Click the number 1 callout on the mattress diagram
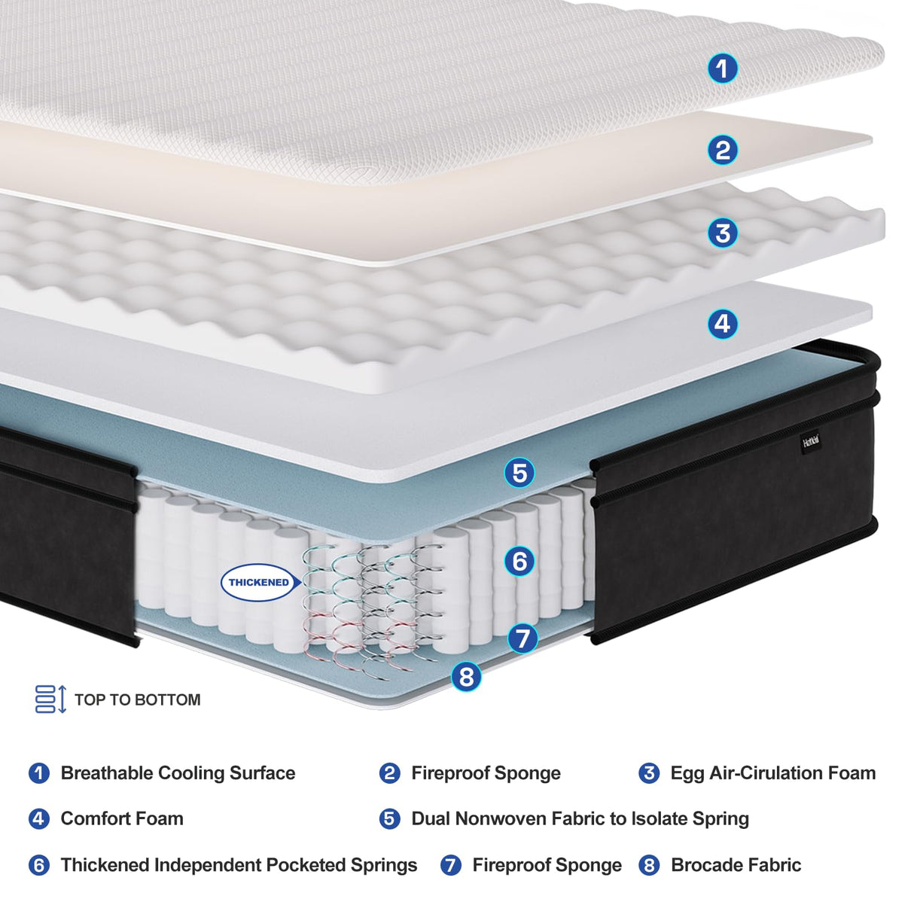722,69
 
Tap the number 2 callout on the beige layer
722,151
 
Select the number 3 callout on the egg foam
722,233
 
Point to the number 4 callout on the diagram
722,324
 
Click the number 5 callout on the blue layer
519,473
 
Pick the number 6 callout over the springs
519,561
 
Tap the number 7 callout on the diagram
523,639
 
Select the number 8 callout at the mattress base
466,676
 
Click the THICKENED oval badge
258,582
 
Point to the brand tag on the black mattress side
810,440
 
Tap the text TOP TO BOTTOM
138,700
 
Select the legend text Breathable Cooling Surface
178,773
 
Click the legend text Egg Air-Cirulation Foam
772,773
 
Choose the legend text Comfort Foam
122,818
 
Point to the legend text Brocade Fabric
736,865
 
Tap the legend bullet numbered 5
389,818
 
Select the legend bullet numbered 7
450,865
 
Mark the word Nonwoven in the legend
517,818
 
